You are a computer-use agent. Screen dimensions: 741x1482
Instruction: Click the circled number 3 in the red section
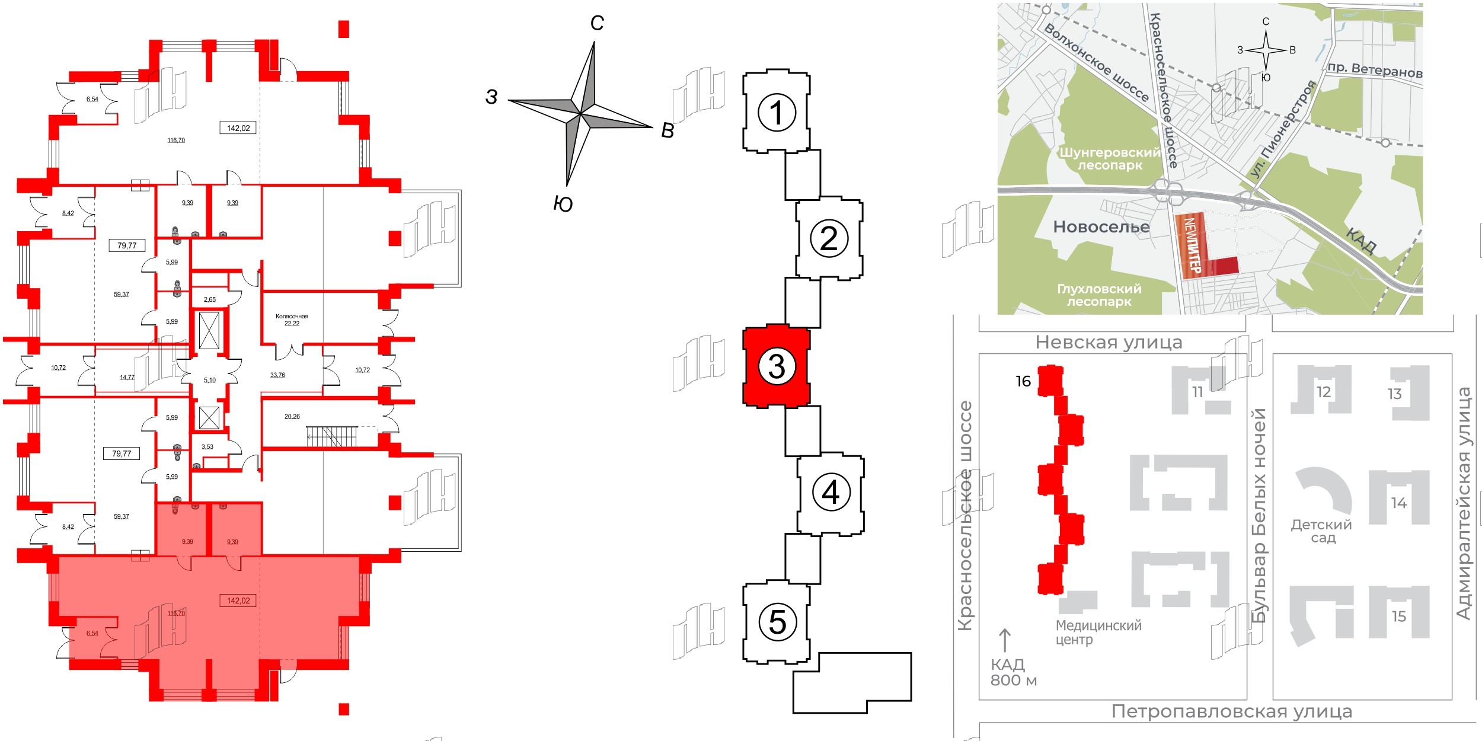coord(777,366)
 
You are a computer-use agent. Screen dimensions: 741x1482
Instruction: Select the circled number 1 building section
coord(777,113)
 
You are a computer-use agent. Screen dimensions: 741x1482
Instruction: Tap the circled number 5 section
coord(777,622)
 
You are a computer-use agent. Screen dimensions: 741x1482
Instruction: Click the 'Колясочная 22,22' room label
coord(292,320)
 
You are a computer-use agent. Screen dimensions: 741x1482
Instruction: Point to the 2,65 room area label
coord(210,299)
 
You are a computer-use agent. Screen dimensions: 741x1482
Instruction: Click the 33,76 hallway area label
coord(277,375)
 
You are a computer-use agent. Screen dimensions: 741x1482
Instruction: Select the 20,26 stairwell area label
coord(292,416)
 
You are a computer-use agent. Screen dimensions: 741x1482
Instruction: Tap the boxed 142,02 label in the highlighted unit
coord(238,601)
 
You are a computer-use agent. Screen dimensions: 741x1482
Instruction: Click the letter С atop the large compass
coord(597,23)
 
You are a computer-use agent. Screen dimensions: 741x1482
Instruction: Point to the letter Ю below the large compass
coord(563,204)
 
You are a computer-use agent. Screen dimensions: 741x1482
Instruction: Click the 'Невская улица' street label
coord(1109,342)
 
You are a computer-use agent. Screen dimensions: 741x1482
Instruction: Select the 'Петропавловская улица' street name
coord(1231,711)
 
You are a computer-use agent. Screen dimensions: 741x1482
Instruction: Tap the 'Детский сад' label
coord(1322,531)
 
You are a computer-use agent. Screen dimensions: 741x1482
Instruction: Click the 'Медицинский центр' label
coord(1098,633)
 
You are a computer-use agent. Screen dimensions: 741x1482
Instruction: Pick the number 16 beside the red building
coord(1023,381)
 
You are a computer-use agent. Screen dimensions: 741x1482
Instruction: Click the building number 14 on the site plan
coord(1399,503)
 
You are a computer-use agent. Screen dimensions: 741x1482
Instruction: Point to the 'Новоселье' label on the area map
coord(1101,226)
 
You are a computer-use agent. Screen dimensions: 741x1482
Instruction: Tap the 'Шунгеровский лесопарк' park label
coord(1110,158)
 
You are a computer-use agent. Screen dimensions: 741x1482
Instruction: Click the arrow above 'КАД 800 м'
coord(1005,640)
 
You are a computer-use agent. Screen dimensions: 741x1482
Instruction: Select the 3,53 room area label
coord(207,446)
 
